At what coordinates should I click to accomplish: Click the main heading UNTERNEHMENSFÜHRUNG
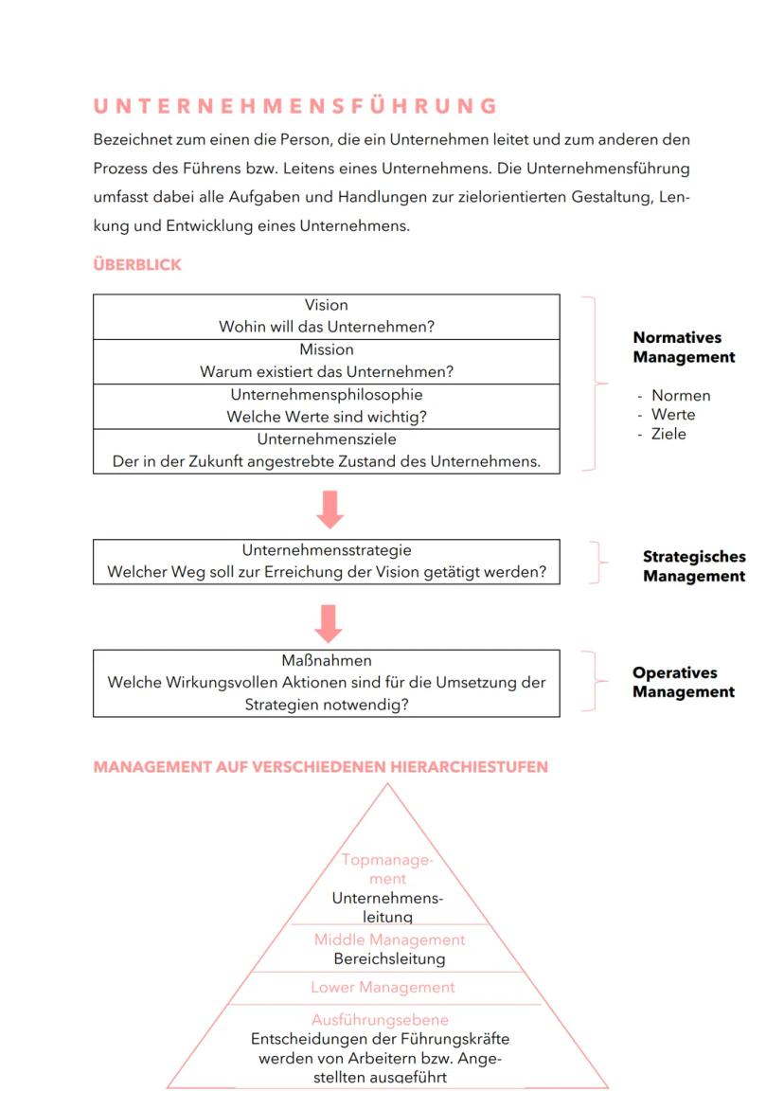tap(295, 105)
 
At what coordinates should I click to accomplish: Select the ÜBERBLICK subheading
tap(137, 265)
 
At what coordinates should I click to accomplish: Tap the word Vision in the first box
tap(326, 305)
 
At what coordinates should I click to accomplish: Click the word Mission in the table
tap(326, 349)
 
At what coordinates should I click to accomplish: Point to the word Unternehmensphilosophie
tap(326, 394)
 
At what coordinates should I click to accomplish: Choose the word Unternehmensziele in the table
tap(326, 439)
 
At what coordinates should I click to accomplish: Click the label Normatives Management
tap(684, 348)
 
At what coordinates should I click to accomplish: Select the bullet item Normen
tap(680, 396)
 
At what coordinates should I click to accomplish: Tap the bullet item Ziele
tap(668, 434)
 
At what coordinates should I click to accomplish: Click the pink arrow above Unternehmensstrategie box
tap(329, 509)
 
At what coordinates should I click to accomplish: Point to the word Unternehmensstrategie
tap(326, 550)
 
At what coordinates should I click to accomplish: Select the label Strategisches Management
tap(693, 566)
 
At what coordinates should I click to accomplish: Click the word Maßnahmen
tap(326, 661)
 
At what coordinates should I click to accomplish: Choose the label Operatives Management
tap(684, 682)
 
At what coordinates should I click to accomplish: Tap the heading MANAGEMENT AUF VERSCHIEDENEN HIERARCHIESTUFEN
tap(320, 767)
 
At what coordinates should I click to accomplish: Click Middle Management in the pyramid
tap(389, 940)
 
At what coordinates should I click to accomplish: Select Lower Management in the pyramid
tap(383, 987)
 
